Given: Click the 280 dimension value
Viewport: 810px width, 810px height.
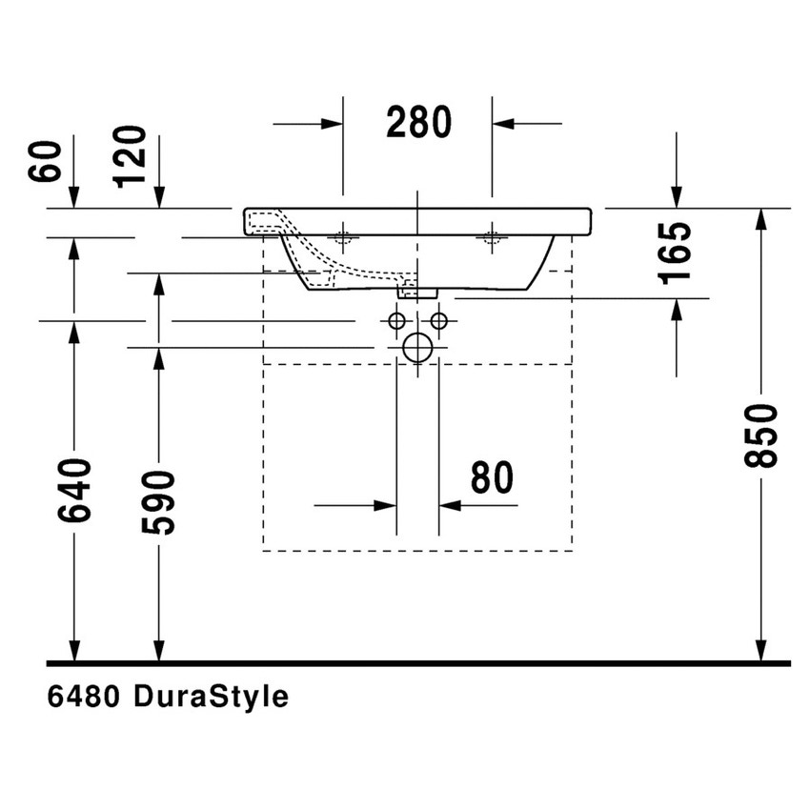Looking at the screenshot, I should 418,122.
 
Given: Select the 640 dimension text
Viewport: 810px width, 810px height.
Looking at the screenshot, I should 74,490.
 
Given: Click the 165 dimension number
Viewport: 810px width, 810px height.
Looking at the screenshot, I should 676,253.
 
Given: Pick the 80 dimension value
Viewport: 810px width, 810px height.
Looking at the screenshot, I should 492,478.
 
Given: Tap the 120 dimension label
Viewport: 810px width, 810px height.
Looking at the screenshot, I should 130,156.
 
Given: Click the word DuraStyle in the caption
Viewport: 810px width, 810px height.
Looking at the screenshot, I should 211,698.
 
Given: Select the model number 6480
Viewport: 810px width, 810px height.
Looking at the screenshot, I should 83,698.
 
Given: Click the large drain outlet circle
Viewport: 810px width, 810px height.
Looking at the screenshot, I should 417,348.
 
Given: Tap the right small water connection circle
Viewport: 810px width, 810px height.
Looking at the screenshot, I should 438,320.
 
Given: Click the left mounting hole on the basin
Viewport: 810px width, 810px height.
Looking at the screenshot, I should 343,236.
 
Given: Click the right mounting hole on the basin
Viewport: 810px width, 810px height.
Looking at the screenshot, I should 492,236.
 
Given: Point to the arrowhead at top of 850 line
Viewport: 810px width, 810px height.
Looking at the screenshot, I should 760,219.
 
